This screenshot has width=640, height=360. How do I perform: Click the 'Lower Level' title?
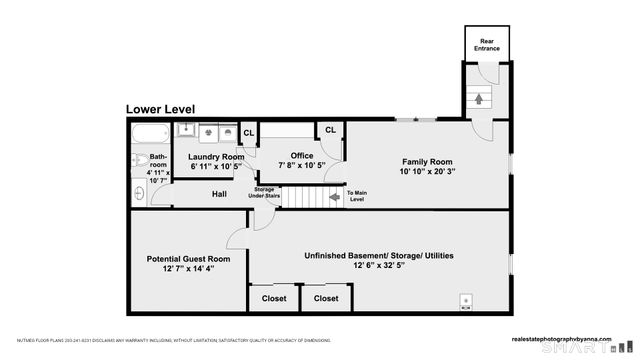pyautogui.click(x=160, y=109)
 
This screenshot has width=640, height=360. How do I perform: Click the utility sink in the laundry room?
pyautogui.click(x=186, y=130)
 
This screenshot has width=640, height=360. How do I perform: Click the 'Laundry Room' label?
pyautogui.click(x=216, y=157)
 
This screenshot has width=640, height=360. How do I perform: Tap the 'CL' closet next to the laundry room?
pyautogui.click(x=248, y=132)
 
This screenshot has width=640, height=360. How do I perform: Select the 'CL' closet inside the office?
pyautogui.click(x=329, y=131)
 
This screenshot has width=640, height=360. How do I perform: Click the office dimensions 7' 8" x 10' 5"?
pyautogui.click(x=302, y=165)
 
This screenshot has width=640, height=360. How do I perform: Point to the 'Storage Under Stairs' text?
pyautogui.click(x=264, y=192)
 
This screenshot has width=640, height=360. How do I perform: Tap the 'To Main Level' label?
pyautogui.click(x=357, y=195)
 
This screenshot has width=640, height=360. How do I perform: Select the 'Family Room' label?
pyautogui.click(x=427, y=162)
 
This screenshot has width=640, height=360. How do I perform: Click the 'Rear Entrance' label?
pyautogui.click(x=487, y=44)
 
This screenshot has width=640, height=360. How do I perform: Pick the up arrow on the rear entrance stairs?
pyautogui.click(x=477, y=99)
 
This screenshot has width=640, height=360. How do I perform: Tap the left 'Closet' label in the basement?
pyautogui.click(x=273, y=298)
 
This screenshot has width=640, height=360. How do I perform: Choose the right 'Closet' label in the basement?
pyautogui.click(x=326, y=298)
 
